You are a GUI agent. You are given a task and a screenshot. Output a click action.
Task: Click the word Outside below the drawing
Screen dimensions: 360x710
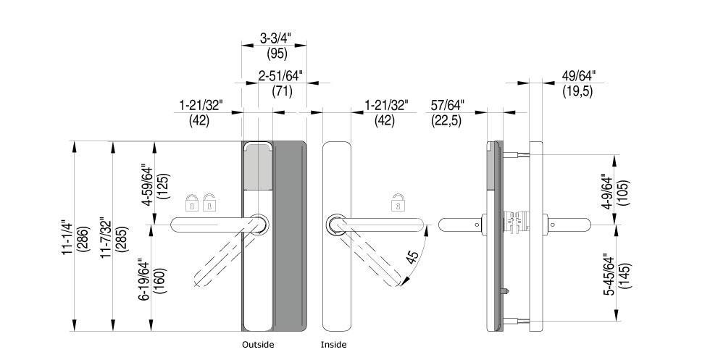pyautogui.click(x=258, y=345)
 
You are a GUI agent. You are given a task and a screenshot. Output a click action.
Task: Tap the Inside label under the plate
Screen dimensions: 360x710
pyautogui.click(x=333, y=345)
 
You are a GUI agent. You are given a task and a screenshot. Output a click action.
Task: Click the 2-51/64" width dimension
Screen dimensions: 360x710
pyautogui.click(x=280, y=76)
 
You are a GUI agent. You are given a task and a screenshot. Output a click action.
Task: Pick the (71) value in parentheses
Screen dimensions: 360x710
pyautogui.click(x=282, y=91)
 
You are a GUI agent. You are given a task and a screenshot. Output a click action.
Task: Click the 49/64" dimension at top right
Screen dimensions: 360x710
pyautogui.click(x=579, y=75)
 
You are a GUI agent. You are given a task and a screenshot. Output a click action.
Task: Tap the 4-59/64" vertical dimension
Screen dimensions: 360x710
pyautogui.click(x=148, y=184)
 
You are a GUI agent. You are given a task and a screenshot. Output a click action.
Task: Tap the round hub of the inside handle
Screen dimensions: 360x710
pyautogui.click(x=335, y=225)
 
